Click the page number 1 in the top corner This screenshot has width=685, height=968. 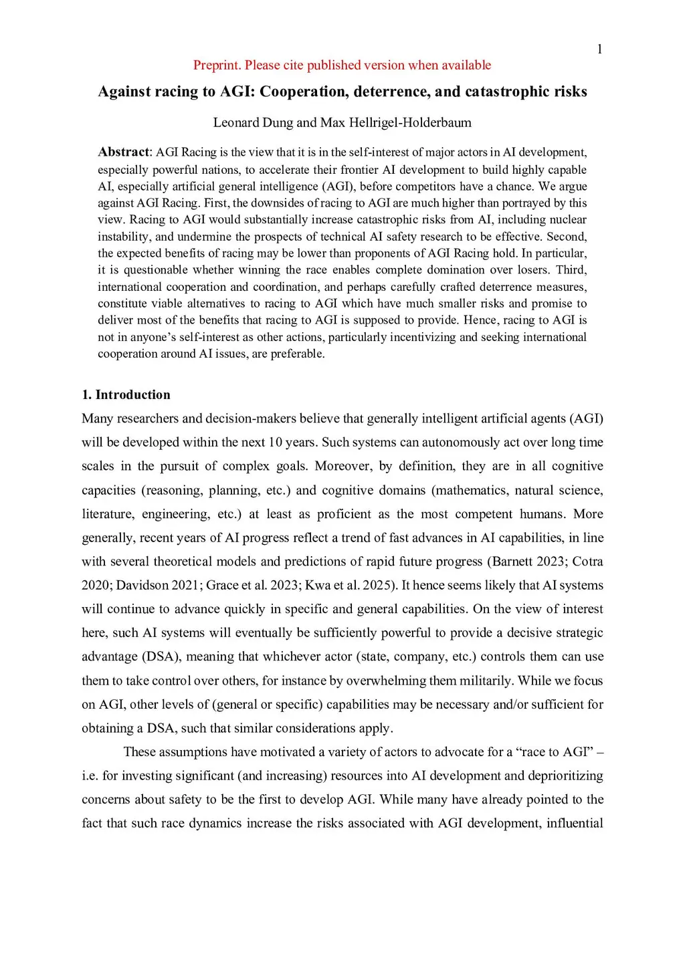(x=599, y=49)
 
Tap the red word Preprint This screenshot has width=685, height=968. (x=217, y=65)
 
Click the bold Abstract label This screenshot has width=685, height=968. (x=124, y=152)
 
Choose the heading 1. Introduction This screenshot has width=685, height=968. (x=126, y=394)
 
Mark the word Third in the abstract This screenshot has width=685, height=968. (x=571, y=269)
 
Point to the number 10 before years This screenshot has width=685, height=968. (x=276, y=443)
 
